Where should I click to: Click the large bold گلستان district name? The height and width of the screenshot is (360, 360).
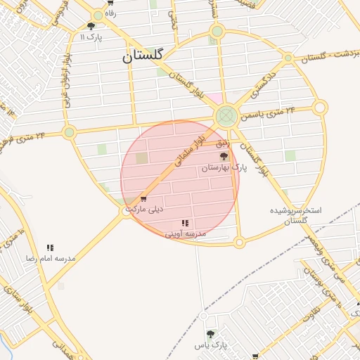coord(143,57)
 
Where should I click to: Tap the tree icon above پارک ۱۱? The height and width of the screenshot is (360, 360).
coord(91,26)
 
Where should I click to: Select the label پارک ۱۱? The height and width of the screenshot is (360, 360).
coord(91,37)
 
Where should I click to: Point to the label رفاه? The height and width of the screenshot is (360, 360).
coord(110,13)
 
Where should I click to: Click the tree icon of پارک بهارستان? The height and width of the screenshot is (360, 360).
coord(224,156)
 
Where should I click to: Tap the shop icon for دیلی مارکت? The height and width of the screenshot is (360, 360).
coord(143,198)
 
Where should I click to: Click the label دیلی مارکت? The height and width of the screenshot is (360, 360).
coord(144,209)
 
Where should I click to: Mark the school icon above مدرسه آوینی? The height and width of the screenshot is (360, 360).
coord(185,223)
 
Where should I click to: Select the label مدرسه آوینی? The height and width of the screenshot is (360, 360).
coord(185,233)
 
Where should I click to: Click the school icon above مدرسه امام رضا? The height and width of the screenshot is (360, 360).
coord(50,247)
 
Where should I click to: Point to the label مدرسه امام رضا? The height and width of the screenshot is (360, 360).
coord(50,258)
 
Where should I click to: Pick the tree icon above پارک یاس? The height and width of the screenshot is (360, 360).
coord(210,333)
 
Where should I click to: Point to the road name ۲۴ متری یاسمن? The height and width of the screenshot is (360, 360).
coord(273,111)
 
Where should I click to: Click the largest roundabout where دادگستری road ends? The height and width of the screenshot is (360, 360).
coord(226,115)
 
